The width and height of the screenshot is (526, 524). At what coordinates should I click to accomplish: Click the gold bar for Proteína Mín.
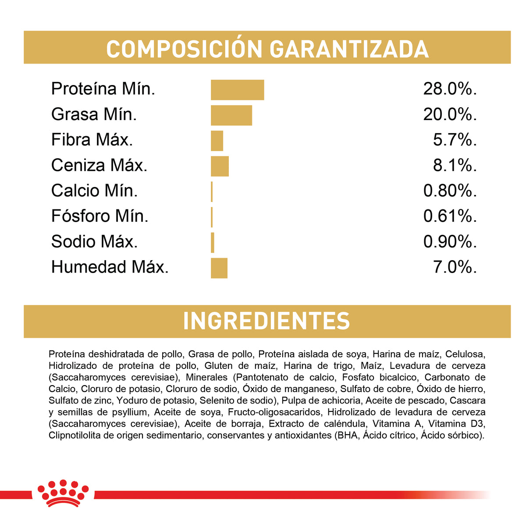237,90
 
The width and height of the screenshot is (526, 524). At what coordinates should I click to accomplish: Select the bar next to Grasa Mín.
231,115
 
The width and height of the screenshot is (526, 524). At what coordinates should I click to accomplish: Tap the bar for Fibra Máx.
217,141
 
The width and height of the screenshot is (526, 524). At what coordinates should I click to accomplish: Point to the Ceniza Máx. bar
220,166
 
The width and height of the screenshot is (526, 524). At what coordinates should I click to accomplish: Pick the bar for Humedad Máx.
219,268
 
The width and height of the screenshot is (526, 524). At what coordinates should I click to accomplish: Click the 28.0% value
450,89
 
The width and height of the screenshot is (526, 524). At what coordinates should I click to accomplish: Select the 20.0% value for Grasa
450,115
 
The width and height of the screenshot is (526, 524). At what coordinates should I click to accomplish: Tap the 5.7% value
455,140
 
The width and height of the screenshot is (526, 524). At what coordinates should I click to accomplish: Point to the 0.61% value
450,216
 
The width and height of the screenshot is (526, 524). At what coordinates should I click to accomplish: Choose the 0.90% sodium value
450,242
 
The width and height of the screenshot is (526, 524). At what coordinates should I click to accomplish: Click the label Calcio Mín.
94,191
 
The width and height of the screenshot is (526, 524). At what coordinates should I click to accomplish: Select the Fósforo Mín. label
100,216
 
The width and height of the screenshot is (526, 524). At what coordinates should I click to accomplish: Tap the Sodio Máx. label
94,242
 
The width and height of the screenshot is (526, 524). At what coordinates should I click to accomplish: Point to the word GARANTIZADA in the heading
349,49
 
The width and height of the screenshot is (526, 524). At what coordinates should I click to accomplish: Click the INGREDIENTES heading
267,321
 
